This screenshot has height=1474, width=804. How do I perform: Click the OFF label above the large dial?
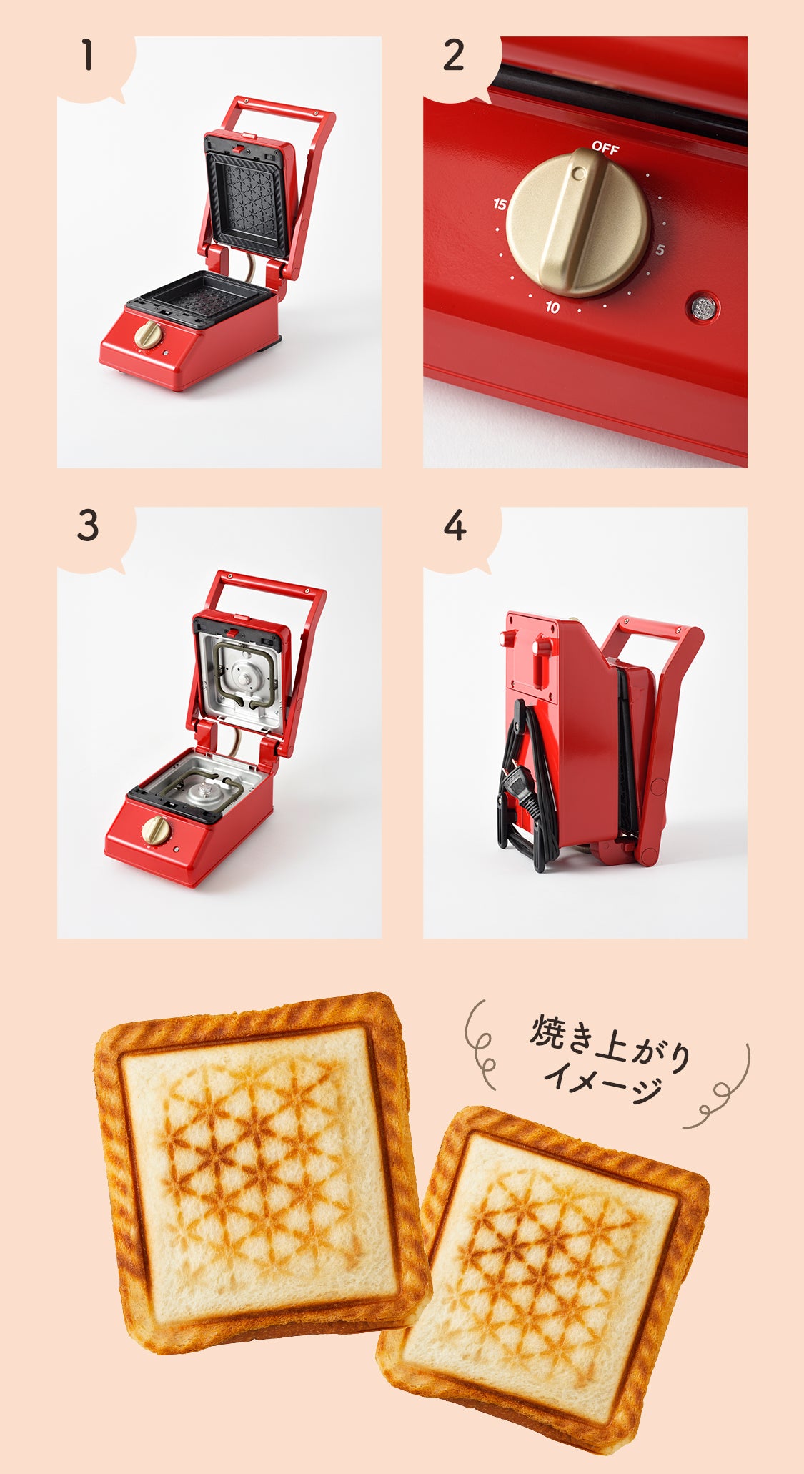[x=605, y=148]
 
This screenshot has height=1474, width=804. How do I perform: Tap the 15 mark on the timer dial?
[x=500, y=204]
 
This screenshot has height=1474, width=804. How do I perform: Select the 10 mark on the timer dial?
[x=552, y=307]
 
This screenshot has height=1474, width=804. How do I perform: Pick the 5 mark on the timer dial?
[x=660, y=249]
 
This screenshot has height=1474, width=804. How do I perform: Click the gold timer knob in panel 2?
[x=578, y=222]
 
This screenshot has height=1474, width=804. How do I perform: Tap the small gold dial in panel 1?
[x=148, y=335]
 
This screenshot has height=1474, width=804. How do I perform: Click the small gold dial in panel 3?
[x=154, y=829]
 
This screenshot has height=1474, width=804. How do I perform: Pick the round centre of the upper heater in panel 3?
[x=245, y=676]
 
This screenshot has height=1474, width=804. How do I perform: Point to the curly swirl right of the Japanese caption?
[x=722, y=1090]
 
